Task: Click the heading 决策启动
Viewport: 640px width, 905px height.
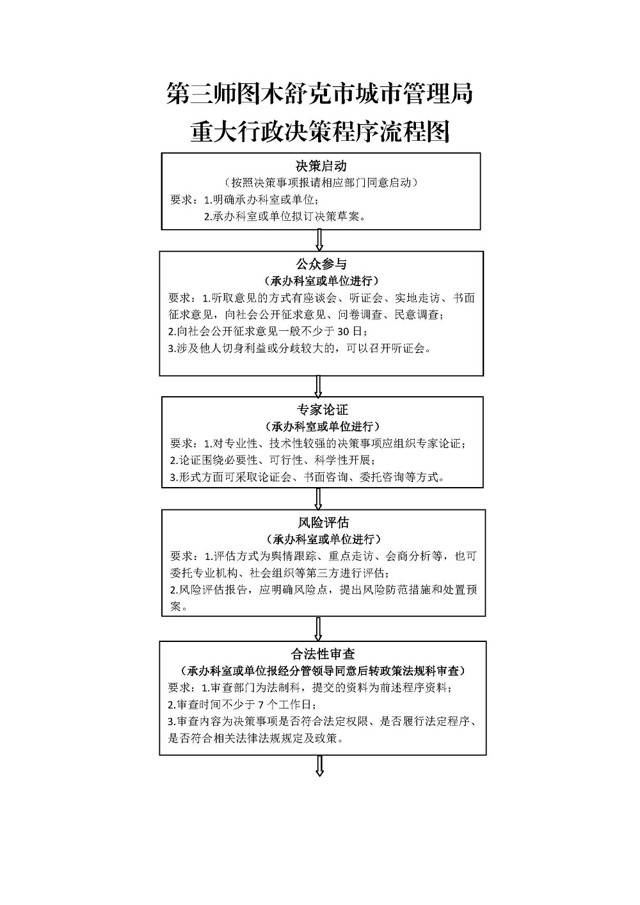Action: [321, 166]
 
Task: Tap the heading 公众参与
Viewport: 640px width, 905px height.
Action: [321, 264]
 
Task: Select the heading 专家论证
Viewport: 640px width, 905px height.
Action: [323, 410]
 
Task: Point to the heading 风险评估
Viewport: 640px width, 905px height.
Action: [323, 522]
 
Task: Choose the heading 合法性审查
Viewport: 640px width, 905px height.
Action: [323, 653]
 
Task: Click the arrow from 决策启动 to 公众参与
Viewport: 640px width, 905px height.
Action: [319, 241]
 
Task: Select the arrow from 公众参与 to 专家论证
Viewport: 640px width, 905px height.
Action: [318, 386]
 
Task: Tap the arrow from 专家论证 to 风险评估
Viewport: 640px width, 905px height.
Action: [318, 499]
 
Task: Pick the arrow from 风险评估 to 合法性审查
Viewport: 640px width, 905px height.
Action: [318, 629]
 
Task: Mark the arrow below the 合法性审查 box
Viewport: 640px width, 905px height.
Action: [319, 766]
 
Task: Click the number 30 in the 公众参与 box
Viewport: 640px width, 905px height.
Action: [343, 332]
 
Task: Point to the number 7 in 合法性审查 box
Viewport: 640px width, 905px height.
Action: [260, 705]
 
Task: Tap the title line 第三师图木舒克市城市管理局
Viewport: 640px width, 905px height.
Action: [319, 93]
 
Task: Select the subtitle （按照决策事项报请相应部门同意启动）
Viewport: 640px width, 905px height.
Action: [321, 182]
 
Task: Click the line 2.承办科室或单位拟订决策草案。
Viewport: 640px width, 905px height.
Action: [285, 216]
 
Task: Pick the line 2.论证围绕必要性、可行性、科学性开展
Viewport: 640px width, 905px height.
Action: [273, 460]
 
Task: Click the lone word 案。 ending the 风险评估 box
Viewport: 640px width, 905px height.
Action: [179, 606]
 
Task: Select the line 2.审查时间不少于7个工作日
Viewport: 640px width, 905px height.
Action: [242, 705]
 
